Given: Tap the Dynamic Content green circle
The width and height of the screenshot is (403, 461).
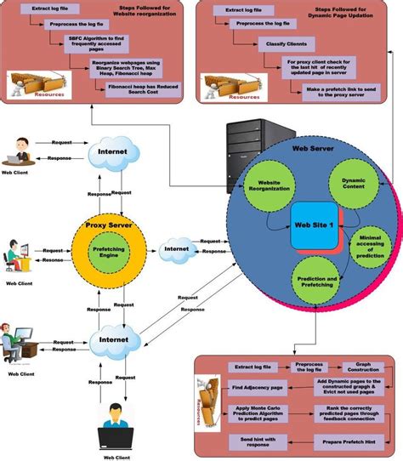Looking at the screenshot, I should pos(347,187).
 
